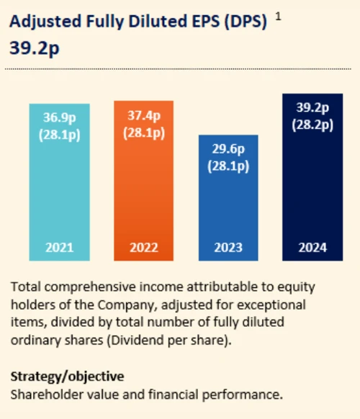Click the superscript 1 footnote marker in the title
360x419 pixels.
tap(279, 17)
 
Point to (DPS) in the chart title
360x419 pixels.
tap(243, 23)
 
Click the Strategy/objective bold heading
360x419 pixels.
tap(67, 376)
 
